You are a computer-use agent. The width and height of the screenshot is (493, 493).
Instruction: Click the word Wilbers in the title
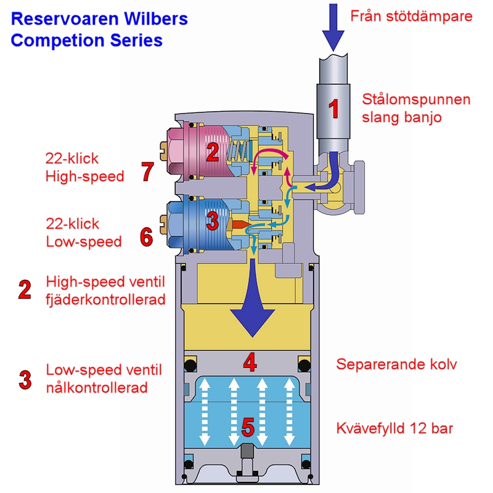click(156, 18)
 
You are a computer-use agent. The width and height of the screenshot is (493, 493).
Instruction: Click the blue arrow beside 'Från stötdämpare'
click(333, 27)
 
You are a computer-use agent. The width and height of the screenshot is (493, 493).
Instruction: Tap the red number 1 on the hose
click(333, 109)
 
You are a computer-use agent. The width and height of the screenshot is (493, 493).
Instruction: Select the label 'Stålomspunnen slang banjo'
click(416, 108)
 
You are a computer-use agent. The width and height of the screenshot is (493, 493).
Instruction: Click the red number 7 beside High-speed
click(147, 171)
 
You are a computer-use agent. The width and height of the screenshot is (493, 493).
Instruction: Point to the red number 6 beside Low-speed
click(147, 237)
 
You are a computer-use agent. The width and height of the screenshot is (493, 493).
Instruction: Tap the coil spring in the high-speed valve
click(239, 151)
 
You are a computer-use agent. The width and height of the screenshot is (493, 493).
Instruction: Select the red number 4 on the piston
click(250, 362)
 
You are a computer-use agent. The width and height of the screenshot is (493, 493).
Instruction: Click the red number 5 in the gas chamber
click(248, 427)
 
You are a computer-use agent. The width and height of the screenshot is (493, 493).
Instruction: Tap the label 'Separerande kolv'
click(396, 365)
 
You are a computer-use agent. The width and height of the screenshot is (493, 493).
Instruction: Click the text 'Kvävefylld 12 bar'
click(394, 428)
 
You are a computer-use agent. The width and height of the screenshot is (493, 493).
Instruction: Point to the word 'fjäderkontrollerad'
click(105, 299)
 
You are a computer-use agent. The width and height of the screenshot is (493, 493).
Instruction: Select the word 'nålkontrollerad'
click(97, 388)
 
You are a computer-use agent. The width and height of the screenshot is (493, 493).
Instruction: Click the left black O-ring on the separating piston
click(190, 365)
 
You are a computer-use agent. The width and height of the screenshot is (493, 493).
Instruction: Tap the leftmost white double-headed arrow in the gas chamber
click(205, 412)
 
